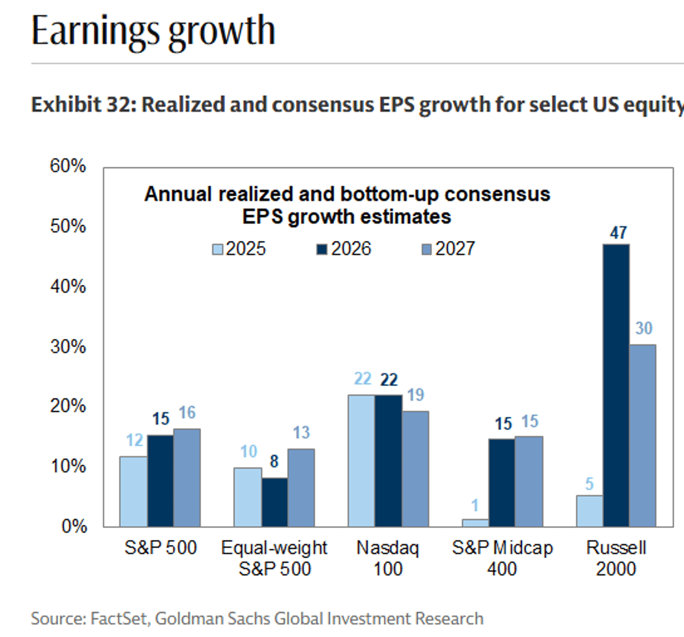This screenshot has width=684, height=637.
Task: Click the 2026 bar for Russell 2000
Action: [x=616, y=385]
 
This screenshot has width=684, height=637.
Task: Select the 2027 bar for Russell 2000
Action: [x=643, y=435]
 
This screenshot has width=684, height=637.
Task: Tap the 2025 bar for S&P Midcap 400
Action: [x=475, y=522]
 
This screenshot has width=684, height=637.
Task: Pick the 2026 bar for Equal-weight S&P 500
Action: [x=274, y=502]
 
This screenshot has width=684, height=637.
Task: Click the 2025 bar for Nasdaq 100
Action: [x=361, y=460]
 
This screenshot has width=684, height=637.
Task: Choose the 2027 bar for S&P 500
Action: [x=187, y=477]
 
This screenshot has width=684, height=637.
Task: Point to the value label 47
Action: [x=618, y=233]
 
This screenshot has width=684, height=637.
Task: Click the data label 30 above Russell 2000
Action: [x=644, y=328]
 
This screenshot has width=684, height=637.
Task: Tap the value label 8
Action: [x=274, y=461]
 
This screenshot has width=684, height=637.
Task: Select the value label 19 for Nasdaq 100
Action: [x=416, y=395]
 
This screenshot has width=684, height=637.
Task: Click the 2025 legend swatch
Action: [x=217, y=249]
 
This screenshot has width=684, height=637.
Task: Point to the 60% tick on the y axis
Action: [x=68, y=166]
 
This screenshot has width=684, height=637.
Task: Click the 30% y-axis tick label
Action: [x=68, y=346]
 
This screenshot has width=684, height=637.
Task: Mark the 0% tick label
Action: [x=74, y=526]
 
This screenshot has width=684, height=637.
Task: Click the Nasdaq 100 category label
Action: [x=388, y=558]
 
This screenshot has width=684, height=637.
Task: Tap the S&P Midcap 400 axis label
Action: [x=502, y=558]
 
